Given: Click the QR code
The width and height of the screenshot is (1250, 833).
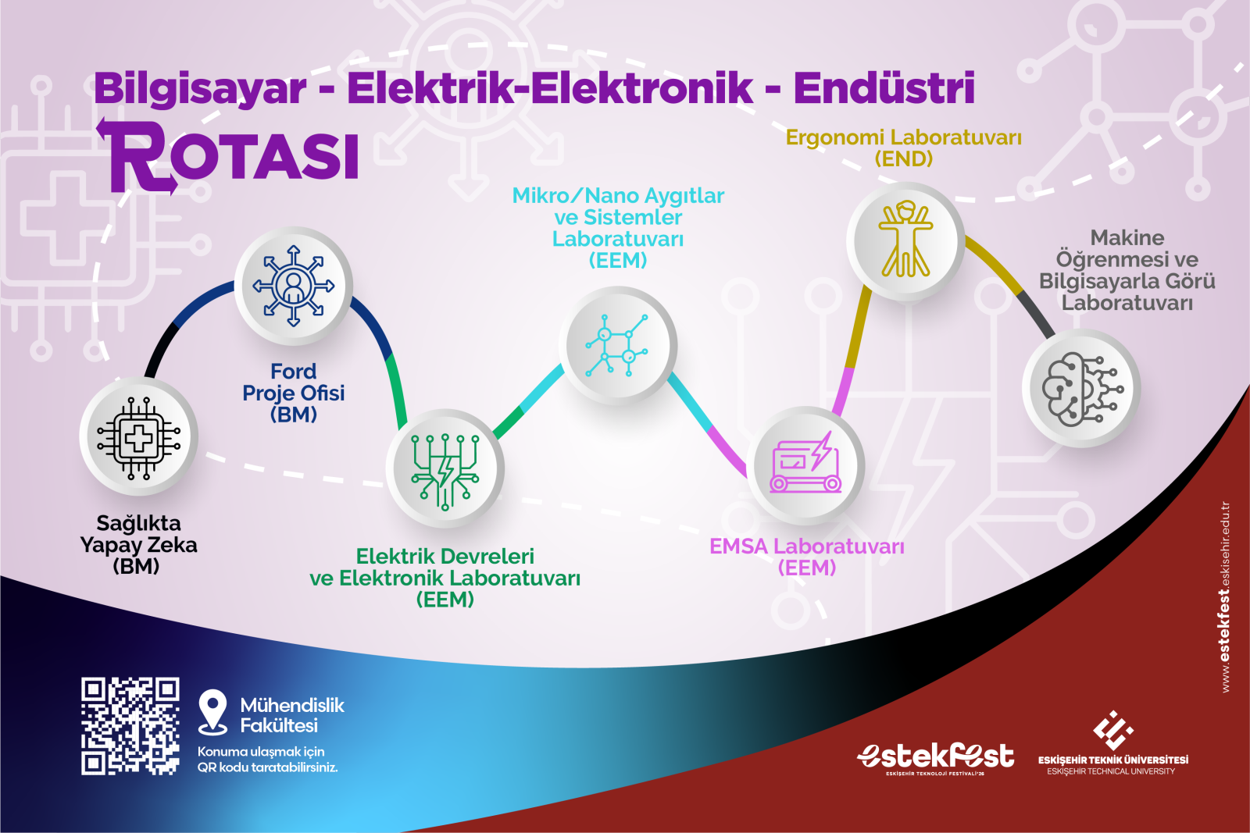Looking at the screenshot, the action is pos(130,726).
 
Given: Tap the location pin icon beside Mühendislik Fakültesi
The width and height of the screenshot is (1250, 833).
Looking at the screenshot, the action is pos(212,712).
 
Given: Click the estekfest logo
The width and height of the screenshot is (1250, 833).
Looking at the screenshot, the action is pos(936,758).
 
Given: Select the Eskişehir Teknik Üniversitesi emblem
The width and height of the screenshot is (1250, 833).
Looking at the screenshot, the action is pos(1112,730).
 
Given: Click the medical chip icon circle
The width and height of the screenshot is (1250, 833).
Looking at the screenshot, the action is pos(138,436).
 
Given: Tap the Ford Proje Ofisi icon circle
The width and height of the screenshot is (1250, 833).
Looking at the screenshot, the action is pos(294,286).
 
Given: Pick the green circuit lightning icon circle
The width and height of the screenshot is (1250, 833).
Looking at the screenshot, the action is pos(445,468).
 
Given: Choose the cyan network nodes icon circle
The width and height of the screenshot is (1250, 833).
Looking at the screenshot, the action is pos(618,345).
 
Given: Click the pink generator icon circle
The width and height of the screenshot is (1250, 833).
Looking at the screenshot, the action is pos(805,465).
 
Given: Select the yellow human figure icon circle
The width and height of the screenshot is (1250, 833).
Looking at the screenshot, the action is pos(905,241).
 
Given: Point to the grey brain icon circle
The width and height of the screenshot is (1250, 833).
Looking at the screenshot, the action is pos(1081,388).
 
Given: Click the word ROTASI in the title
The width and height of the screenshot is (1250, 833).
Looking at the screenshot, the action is pos(229,156).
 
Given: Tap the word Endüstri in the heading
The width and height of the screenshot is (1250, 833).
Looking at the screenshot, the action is pos(884,88).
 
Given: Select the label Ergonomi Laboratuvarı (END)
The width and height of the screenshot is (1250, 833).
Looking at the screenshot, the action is pos(903,148).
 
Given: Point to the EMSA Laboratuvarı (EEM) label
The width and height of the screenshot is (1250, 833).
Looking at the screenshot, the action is pos(806,557).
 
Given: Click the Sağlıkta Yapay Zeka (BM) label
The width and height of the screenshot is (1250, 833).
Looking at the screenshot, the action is pos(137,545).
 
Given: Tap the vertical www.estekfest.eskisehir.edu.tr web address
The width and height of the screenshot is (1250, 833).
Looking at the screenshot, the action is pos(1226,597).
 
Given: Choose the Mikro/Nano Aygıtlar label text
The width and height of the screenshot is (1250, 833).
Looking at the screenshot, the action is pos(618,196).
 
